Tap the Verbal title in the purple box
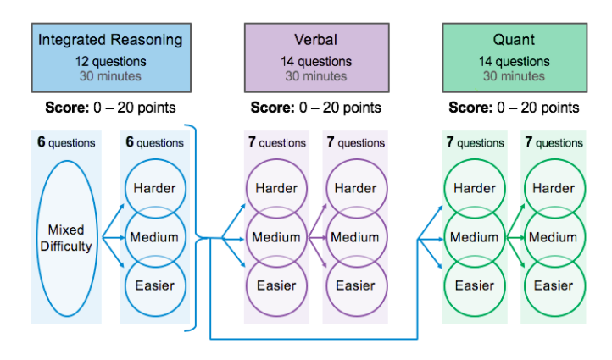[315, 40]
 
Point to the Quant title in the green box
[514, 40]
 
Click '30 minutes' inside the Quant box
[514, 75]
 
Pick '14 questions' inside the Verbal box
[315, 61]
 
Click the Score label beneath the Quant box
[514, 108]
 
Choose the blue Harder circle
[154, 188]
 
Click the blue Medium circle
[154, 237]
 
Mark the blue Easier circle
[154, 285]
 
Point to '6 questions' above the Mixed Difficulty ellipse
[66, 143]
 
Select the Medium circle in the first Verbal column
[276, 237]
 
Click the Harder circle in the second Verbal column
[354, 188]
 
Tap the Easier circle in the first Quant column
[475, 285]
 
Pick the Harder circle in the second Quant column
[553, 188]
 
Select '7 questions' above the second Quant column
[553, 143]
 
